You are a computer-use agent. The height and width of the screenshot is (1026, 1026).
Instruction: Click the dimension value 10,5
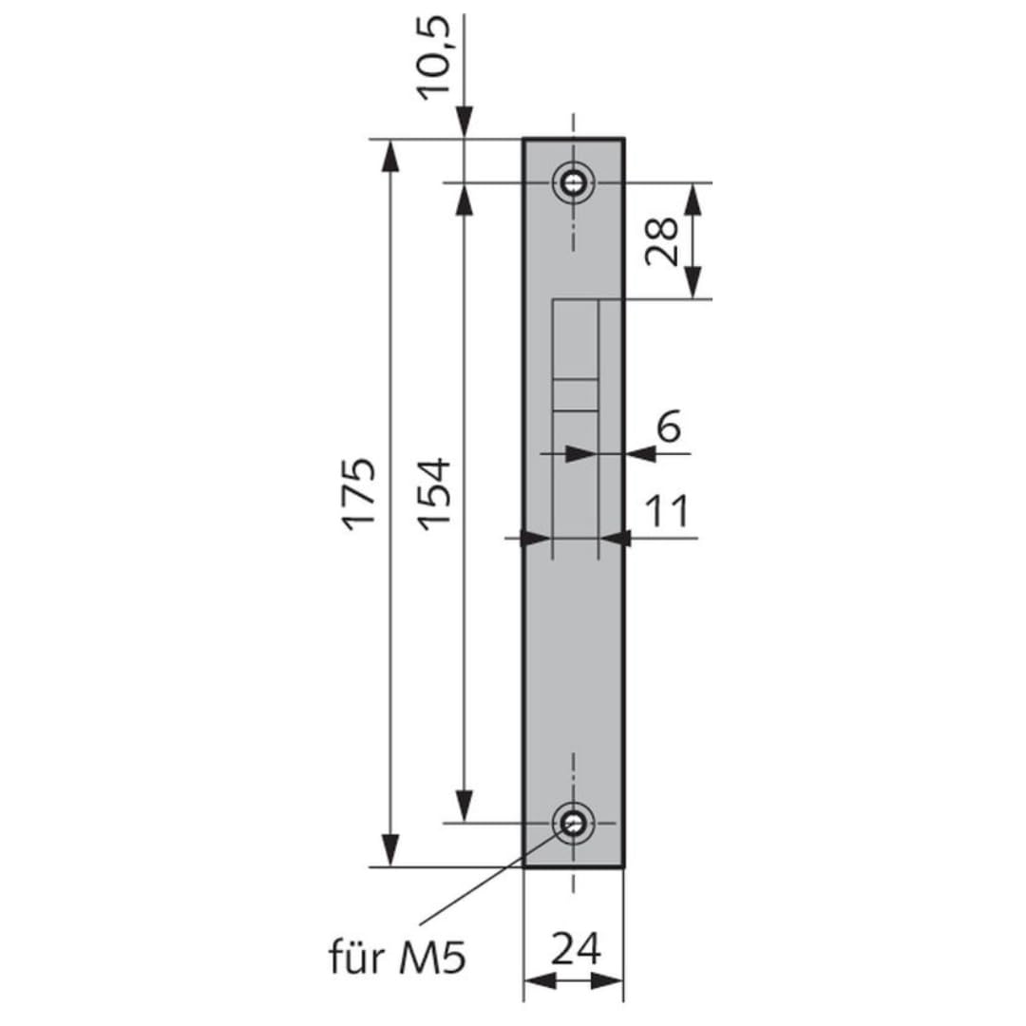pos(434,58)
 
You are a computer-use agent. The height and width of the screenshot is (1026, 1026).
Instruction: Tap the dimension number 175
pos(360,494)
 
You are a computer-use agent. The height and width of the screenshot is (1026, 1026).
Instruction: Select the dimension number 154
pos(434,494)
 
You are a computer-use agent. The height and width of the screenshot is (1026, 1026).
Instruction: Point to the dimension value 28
pos(661,240)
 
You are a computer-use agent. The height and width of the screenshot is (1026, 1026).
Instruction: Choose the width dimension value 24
pos(576,949)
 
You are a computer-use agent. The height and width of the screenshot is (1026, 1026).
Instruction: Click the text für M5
pos(398,958)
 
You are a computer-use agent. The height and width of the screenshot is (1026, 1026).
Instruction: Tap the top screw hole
pos(574,182)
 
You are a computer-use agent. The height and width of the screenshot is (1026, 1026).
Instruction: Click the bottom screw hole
pos(574,823)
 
